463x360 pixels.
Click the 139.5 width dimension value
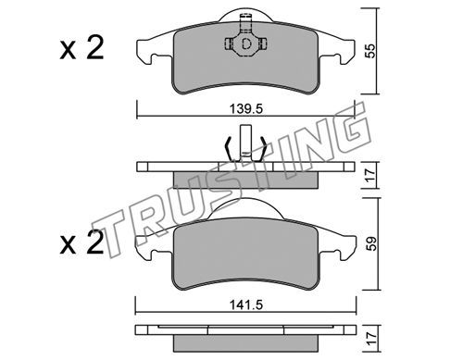(246, 108)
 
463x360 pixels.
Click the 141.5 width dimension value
(246, 305)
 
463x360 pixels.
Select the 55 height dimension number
(370, 51)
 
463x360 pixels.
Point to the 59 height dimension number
(370, 243)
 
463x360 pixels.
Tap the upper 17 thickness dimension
(370, 175)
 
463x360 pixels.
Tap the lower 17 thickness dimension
(370, 339)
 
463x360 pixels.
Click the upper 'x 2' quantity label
(81, 49)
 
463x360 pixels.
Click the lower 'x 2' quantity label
(81, 243)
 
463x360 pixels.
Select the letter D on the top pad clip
(246, 44)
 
